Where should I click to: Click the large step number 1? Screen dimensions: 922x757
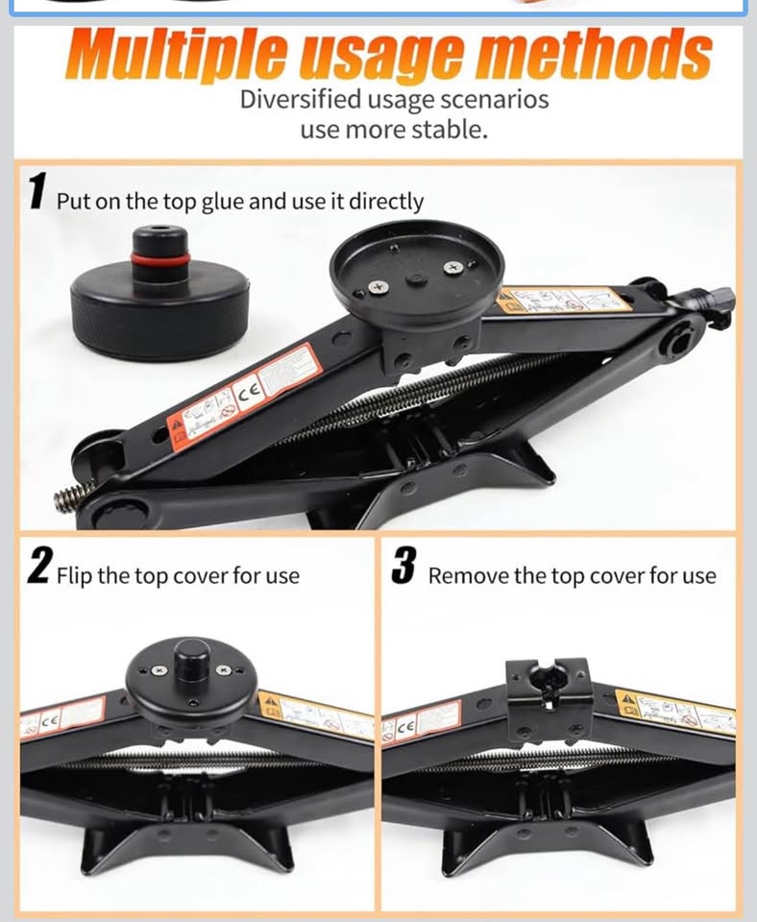coord(37,191)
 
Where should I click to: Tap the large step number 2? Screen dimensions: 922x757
coord(38,567)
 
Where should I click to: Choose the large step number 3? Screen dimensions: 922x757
coord(403,567)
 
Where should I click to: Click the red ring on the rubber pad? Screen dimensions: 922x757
coord(160,260)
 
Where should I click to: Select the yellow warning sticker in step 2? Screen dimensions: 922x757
coord(313,713)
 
